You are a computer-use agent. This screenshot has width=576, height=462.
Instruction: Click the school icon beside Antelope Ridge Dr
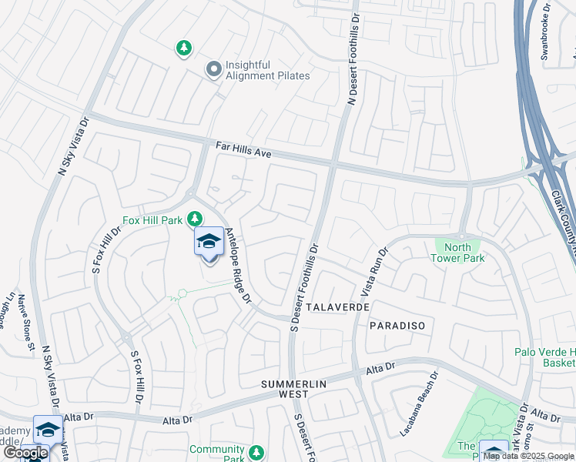pyautogui.click(x=209, y=242)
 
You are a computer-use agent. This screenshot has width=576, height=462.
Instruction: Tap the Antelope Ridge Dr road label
pyautogui.click(x=237, y=269)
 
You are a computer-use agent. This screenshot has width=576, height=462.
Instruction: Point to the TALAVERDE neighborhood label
pyautogui.click(x=338, y=306)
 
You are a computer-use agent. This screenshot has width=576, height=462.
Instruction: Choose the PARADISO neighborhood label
pyautogui.click(x=397, y=326)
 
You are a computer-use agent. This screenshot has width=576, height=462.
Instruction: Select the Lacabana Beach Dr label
pyautogui.click(x=418, y=405)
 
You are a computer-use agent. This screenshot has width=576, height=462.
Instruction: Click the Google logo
pyautogui.click(x=25, y=453)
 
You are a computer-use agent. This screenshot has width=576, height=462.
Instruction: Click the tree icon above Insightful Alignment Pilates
pyautogui.click(x=183, y=49)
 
